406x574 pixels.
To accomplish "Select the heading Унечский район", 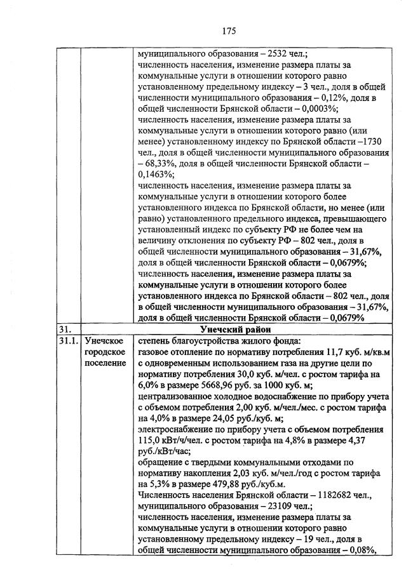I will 235,330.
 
